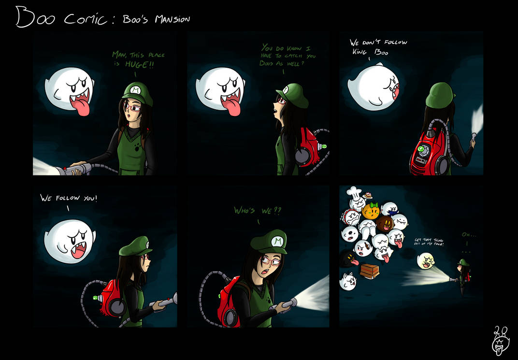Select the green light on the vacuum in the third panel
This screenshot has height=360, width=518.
(421, 148)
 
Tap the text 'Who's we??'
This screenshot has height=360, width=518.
(257, 210)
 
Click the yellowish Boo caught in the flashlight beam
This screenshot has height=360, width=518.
(426, 262)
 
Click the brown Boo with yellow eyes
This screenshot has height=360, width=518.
(386, 223)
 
